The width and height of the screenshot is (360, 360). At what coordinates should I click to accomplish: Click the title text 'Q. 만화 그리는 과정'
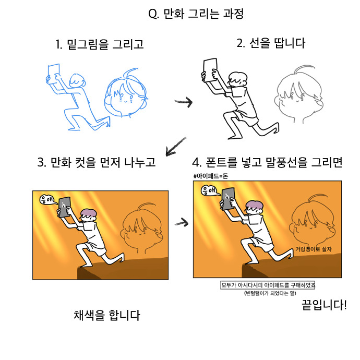[x=196, y=14]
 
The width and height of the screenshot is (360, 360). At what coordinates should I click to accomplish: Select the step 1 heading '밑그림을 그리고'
[x=105, y=44]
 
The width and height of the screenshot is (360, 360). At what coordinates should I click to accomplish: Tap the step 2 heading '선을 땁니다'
[x=278, y=43]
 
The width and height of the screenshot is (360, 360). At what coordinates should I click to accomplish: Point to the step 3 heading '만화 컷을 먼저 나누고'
[x=103, y=162]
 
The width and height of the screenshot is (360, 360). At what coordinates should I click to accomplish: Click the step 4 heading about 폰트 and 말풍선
[x=274, y=162]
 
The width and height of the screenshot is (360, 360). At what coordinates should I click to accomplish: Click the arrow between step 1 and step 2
[x=184, y=102]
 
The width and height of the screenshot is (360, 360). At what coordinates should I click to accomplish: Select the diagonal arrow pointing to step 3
[x=175, y=147]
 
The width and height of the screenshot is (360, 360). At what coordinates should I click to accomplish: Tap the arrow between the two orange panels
[x=182, y=223]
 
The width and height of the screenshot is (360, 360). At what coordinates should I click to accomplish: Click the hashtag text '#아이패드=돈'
[x=211, y=176]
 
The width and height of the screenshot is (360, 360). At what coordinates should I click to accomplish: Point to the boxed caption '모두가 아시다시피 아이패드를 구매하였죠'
[x=268, y=285]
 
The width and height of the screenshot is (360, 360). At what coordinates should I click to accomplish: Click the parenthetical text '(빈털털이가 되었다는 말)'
[x=270, y=293]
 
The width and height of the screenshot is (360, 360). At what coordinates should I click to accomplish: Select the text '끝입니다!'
[x=324, y=305]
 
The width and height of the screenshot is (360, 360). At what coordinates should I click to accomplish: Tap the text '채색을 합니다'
[x=107, y=315]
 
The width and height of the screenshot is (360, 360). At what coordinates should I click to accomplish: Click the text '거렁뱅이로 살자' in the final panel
[x=314, y=249]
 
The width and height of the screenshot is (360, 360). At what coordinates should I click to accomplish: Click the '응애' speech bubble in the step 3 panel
[x=48, y=200]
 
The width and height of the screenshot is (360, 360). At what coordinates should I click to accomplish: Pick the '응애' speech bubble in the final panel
[x=210, y=190]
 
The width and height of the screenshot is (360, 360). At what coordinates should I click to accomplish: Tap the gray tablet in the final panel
[x=228, y=199]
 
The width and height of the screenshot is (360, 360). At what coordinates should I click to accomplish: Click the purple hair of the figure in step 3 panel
[x=89, y=213]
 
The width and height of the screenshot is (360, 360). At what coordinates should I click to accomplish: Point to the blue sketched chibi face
[x=126, y=93]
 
